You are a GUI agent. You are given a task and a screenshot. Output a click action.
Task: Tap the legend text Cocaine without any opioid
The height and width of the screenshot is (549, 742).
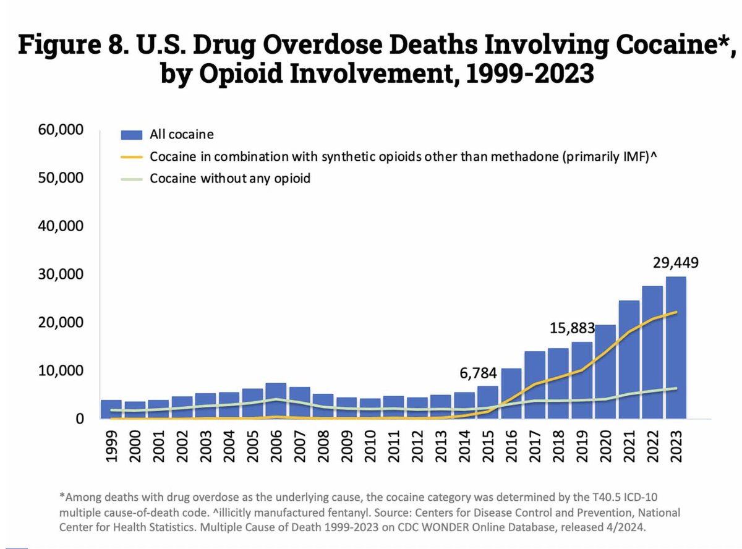(230, 179)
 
